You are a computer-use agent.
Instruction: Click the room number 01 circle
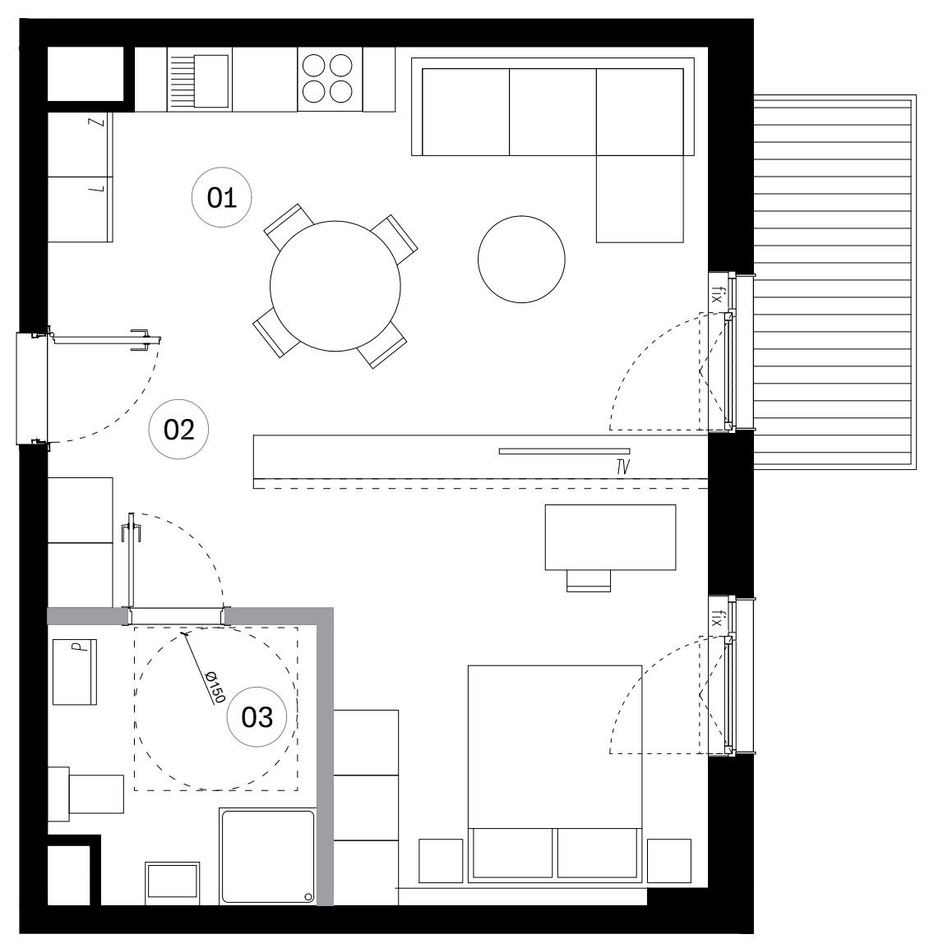pos(221,197)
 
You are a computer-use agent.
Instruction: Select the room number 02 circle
pos(178,430)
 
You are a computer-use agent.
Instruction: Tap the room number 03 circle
pos(257,717)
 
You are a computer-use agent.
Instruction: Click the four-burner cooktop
pos(330,79)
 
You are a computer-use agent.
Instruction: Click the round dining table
pos(335,286)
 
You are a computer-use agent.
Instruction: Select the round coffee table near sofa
pos(521,260)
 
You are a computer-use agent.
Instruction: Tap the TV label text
pos(622,467)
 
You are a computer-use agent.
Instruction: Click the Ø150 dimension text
pos(215,688)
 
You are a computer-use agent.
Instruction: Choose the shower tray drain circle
pos(308,896)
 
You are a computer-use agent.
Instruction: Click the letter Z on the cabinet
pos(96,122)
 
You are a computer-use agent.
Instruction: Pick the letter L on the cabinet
pos(96,189)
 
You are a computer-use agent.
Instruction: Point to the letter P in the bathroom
pos(76,647)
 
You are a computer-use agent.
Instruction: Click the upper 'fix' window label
pos(718,296)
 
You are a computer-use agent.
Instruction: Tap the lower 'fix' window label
pos(718,619)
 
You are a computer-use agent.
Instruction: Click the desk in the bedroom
pos(610,537)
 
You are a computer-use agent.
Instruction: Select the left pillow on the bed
pos(512,853)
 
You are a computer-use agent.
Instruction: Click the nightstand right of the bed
pos(669,860)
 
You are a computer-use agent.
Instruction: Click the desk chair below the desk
pos(589,581)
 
